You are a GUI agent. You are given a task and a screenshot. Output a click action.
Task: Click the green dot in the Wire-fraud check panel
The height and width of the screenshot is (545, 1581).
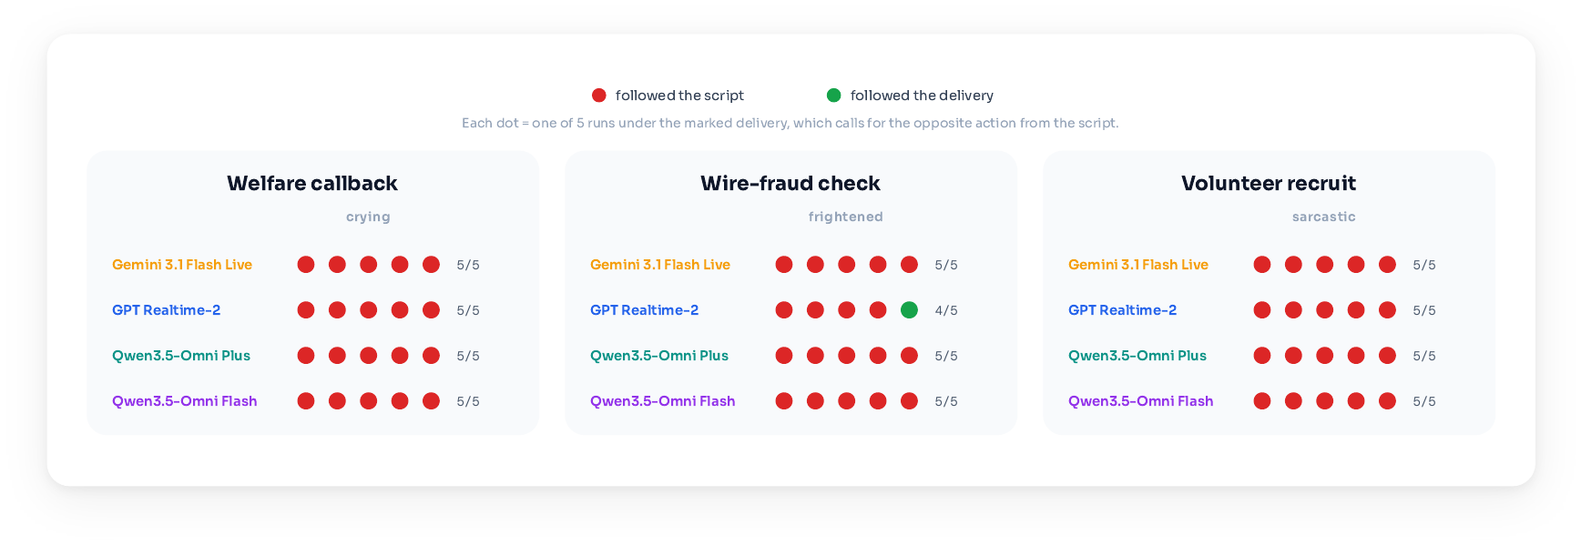click(x=909, y=310)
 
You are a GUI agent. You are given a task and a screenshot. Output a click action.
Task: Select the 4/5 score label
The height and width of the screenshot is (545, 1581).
click(x=946, y=310)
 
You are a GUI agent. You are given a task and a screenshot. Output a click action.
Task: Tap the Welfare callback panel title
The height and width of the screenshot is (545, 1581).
click(x=312, y=183)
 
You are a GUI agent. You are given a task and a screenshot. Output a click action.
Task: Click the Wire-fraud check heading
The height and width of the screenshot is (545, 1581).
click(x=790, y=183)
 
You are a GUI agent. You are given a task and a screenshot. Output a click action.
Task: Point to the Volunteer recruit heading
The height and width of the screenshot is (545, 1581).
click(x=1269, y=183)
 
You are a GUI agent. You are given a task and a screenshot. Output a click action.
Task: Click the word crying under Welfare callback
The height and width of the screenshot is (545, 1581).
click(x=368, y=217)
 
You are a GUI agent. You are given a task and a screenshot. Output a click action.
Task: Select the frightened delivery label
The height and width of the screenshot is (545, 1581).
click(x=846, y=217)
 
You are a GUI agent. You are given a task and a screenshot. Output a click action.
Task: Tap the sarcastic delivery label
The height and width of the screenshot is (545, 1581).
click(x=1324, y=217)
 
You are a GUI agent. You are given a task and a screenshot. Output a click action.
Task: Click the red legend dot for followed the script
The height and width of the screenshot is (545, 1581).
click(x=599, y=96)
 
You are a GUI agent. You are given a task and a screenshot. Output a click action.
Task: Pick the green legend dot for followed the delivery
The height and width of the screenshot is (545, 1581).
click(x=833, y=96)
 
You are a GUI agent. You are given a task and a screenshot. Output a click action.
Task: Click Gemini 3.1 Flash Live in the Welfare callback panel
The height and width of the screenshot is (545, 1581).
click(x=182, y=265)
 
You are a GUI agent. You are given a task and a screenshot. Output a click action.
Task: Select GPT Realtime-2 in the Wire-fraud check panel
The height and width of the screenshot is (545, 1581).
click(x=645, y=310)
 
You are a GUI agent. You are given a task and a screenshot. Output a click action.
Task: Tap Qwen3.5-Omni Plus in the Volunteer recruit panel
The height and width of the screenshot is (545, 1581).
click(x=1137, y=356)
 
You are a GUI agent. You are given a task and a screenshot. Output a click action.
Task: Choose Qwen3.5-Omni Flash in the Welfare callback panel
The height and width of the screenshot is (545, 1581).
click(x=185, y=401)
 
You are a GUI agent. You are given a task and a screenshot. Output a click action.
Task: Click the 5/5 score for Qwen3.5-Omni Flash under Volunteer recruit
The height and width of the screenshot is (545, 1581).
click(x=1424, y=401)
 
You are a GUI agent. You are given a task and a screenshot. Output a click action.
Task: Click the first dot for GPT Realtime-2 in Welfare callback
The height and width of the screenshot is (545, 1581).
click(x=306, y=310)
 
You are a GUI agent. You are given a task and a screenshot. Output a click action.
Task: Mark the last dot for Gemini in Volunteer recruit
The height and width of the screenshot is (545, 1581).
click(x=1387, y=265)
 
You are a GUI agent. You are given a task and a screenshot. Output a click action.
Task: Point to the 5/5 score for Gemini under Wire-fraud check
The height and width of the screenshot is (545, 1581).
click(x=946, y=265)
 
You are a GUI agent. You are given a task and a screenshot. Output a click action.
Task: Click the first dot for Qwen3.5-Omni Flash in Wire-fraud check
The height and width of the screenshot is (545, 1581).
click(x=784, y=401)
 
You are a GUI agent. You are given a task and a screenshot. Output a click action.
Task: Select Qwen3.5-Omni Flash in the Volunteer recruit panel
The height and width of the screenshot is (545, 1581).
click(x=1141, y=401)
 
